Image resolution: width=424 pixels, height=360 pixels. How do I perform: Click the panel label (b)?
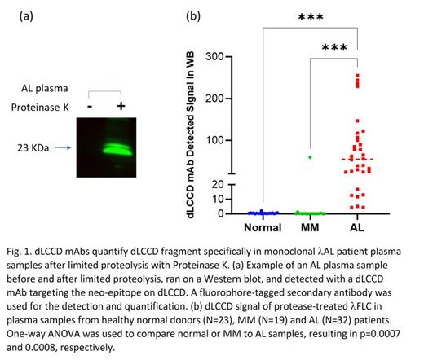tap(193, 15)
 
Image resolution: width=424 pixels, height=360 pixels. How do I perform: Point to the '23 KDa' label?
tap(42, 148)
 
